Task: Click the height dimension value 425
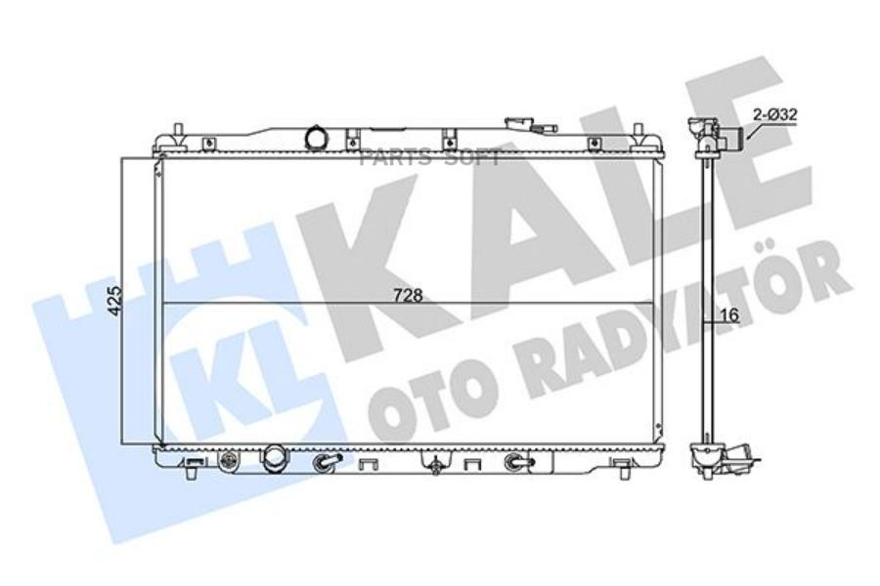tap(114, 300)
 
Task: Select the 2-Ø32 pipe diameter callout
tap(775, 114)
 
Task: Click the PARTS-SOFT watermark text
tap(430, 158)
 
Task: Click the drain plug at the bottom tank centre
tap(433, 466)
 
